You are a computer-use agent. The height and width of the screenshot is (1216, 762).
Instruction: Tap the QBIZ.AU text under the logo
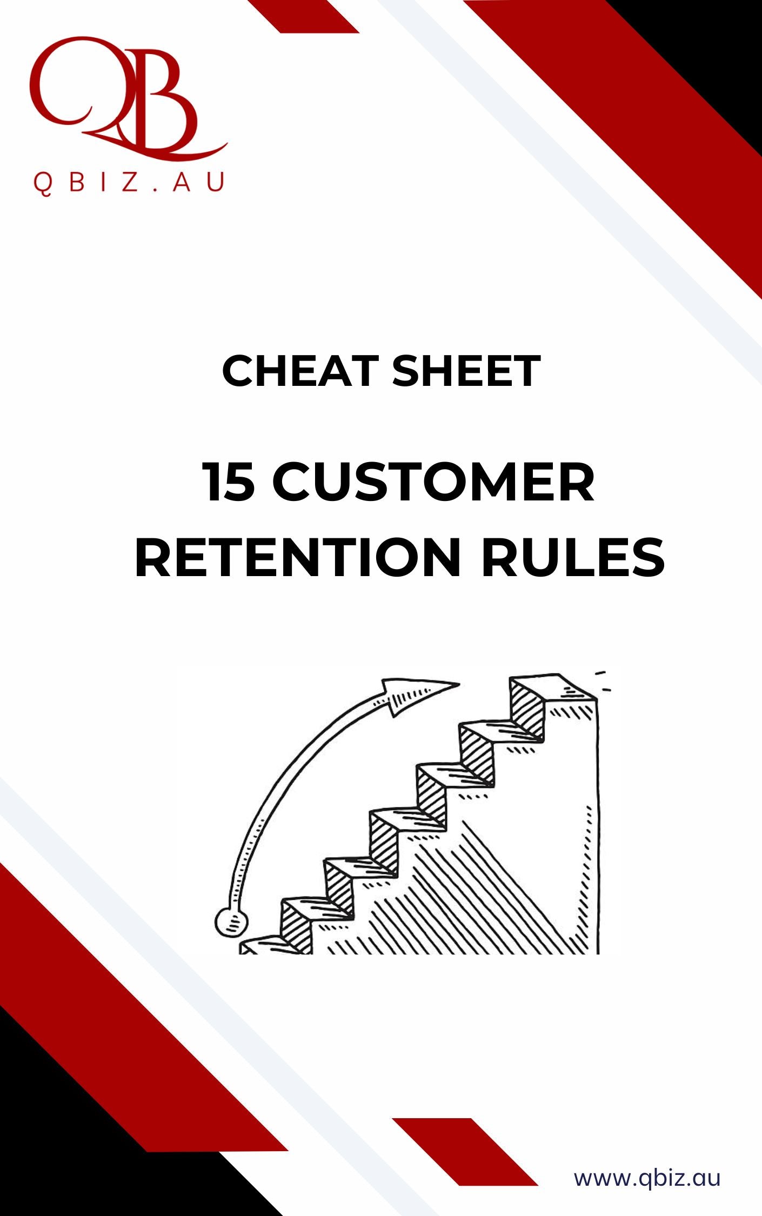click(129, 182)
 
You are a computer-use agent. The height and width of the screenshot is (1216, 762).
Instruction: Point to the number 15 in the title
click(229, 482)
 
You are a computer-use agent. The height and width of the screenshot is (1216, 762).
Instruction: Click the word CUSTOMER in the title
click(433, 482)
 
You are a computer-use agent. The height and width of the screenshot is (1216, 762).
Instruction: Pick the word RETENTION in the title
click(298, 557)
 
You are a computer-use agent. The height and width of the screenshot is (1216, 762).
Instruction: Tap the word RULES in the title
click(573, 557)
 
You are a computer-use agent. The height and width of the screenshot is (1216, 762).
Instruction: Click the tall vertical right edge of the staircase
click(598, 827)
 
